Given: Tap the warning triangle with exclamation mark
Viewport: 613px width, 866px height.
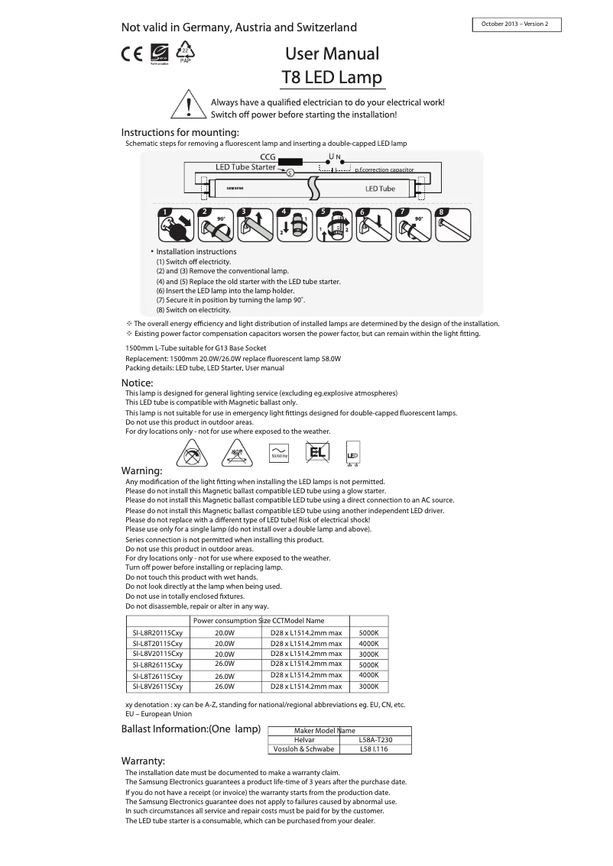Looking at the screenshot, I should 187,105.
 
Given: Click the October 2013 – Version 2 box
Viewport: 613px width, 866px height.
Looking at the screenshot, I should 517,24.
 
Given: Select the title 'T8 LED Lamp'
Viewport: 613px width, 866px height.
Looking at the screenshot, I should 332,78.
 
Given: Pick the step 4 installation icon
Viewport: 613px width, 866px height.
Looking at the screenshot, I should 294,225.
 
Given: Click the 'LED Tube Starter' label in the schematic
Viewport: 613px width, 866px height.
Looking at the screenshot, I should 245,166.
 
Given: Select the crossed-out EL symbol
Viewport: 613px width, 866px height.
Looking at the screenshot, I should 316,453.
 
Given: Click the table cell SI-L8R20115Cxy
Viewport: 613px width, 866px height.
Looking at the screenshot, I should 157,633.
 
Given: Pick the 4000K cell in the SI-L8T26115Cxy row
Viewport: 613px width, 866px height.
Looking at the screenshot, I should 368,675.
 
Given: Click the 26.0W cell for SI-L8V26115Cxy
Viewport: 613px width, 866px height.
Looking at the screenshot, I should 224,687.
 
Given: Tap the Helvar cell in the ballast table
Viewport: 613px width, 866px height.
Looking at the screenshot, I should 304,740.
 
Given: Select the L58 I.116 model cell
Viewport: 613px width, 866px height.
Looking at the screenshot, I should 374,749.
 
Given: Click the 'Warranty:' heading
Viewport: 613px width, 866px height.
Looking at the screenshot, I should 143,761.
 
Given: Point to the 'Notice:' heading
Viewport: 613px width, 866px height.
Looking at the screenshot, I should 138,383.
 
